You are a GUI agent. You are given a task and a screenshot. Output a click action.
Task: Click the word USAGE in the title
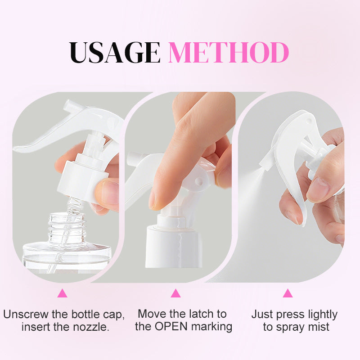tap(115, 52)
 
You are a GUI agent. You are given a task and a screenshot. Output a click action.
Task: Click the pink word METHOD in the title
tap(229, 52)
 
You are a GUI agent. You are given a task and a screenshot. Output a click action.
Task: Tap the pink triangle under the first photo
tap(62, 293)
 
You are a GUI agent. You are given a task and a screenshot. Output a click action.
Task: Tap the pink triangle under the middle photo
tap(175, 293)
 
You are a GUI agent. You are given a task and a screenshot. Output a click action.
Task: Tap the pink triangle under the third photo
tap(288, 293)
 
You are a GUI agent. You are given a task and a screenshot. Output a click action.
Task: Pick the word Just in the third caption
tap(263, 314)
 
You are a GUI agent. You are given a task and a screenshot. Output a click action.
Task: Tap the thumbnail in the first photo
tap(108, 191)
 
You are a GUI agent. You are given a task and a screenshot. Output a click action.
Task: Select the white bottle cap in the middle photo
tap(173, 246)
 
